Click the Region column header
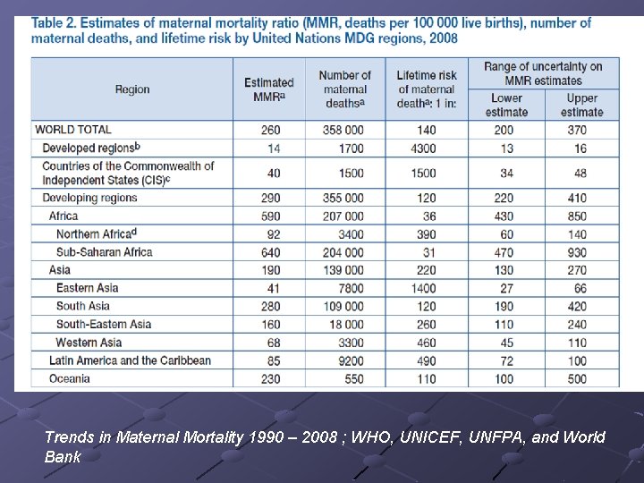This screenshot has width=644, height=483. pyautogui.click(x=132, y=89)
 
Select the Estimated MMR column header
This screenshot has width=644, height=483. pyautogui.click(x=268, y=89)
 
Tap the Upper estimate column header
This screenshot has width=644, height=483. pyautogui.click(x=581, y=105)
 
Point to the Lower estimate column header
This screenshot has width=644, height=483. pyautogui.click(x=506, y=105)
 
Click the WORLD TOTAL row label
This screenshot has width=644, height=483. pyautogui.click(x=73, y=130)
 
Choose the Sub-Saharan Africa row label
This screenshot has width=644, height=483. pyautogui.click(x=104, y=252)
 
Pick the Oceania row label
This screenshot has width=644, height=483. pyautogui.click(x=70, y=378)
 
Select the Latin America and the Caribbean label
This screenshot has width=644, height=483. pyautogui.click(x=130, y=360)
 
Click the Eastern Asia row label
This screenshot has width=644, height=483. pyautogui.click(x=87, y=288)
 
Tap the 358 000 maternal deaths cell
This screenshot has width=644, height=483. pyautogui.click(x=344, y=130)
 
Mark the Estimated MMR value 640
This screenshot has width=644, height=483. pyautogui.click(x=270, y=252)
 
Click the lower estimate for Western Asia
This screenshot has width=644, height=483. pyautogui.click(x=506, y=343)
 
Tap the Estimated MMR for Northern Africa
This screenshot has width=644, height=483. pyautogui.click(x=273, y=234)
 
